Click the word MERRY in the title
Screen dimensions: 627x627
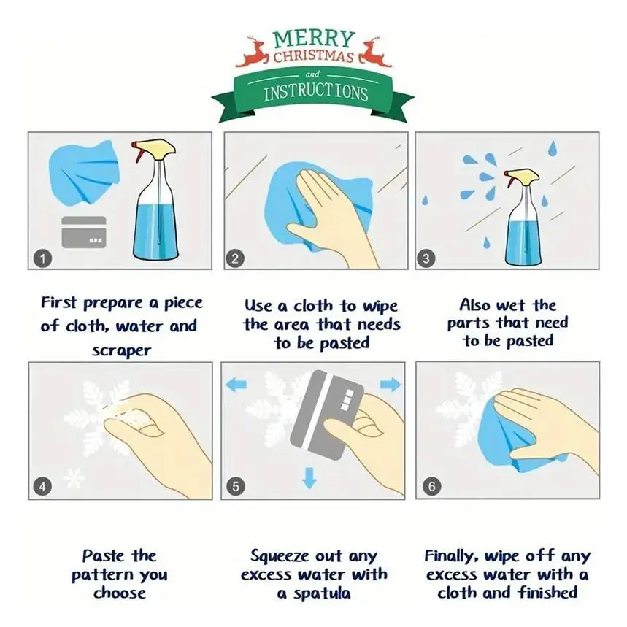314,39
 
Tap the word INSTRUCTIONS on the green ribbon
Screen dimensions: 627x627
315,93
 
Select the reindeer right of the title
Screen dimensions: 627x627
374,52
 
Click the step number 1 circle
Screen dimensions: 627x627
42,258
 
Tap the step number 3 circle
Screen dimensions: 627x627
426,258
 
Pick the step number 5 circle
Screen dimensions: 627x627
235,486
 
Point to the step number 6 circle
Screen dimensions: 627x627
431,486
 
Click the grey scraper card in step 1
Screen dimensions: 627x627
84,232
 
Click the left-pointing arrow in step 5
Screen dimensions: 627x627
236,384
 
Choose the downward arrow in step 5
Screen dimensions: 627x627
309,478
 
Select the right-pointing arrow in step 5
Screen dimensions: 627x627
391,384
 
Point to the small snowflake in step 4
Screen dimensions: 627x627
74,477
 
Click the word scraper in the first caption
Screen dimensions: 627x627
122,350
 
